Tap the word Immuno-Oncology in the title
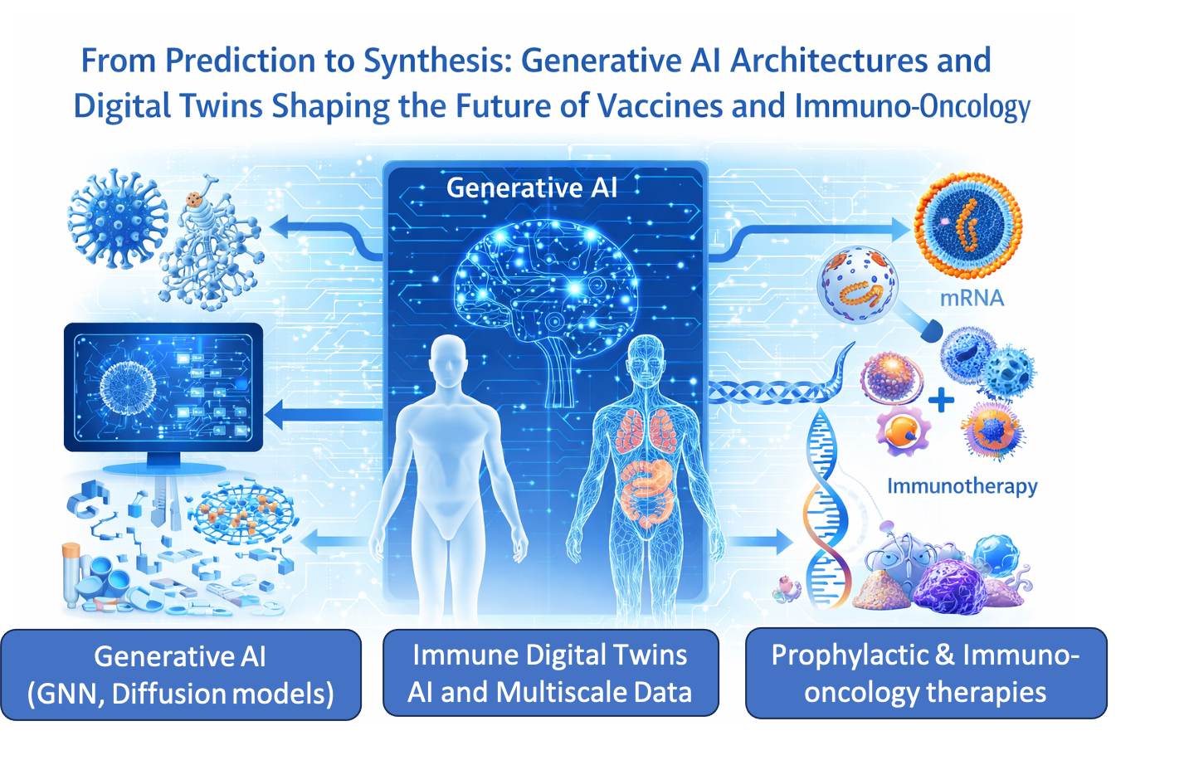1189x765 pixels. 913,107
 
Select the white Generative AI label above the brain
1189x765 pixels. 532,188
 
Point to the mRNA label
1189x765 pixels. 972,299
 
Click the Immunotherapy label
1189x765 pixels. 962,486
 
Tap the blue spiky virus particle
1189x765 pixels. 118,219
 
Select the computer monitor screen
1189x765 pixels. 163,387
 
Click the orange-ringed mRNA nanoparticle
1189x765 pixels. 967,226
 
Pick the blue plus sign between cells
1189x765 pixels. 941,400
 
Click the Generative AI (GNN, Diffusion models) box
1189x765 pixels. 181,675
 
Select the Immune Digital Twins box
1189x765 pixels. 550,673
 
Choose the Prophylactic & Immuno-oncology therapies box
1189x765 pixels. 926,673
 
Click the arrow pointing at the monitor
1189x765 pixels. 324,415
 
